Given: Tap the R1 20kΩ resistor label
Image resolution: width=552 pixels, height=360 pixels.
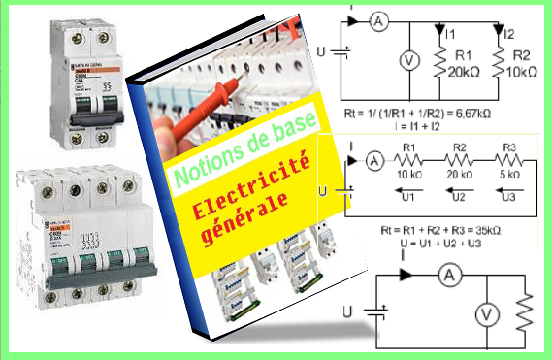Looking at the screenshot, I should (459, 64).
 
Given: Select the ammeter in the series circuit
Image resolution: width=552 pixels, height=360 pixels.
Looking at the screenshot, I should (373, 162).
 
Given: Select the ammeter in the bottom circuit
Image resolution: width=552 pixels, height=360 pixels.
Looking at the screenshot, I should (447, 277).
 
